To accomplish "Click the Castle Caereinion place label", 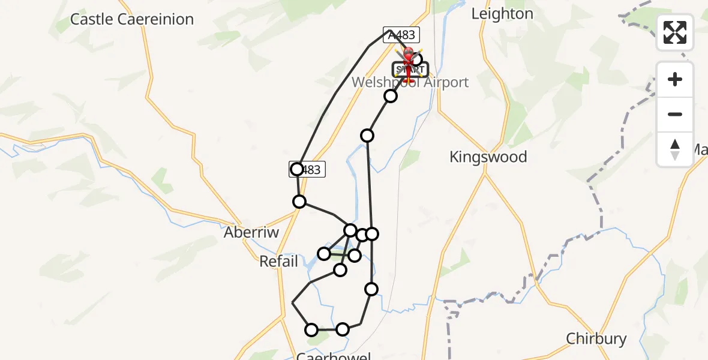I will (x=132, y=19).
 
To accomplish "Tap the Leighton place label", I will (x=502, y=14).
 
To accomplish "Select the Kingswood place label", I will (x=488, y=157).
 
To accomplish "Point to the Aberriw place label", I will (x=251, y=232).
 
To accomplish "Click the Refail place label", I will (x=278, y=262).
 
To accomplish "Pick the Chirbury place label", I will (x=596, y=339).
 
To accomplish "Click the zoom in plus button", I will (x=675, y=79).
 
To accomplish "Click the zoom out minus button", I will (x=675, y=114).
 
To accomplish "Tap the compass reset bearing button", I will (x=675, y=149).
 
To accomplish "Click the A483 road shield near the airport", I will (x=401, y=35).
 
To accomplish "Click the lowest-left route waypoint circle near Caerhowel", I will (x=311, y=329).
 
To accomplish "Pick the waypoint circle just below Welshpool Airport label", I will (x=391, y=96).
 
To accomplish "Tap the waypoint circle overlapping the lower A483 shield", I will (x=297, y=169).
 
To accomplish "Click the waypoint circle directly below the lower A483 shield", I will (x=299, y=202).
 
